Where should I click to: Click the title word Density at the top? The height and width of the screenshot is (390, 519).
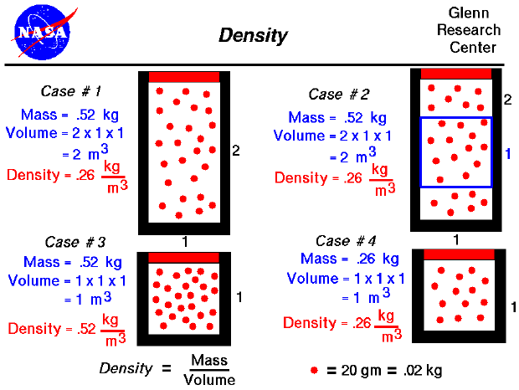click(x=253, y=35)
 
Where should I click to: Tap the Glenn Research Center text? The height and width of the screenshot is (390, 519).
click(x=474, y=30)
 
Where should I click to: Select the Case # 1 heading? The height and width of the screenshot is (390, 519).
click(x=71, y=91)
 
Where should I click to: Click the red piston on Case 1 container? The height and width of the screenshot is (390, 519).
click(x=184, y=77)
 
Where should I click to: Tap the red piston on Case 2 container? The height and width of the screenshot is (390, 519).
click(x=456, y=74)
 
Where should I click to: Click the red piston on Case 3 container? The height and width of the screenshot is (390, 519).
click(x=183, y=258)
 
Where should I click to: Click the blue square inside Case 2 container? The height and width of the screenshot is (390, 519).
click(x=456, y=151)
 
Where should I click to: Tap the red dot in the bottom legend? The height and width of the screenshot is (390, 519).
click(x=314, y=369)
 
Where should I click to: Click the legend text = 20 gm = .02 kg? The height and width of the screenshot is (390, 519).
click(x=384, y=369)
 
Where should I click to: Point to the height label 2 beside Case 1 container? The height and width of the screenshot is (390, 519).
click(x=236, y=151)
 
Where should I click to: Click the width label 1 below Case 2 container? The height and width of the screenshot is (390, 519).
click(x=456, y=239)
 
